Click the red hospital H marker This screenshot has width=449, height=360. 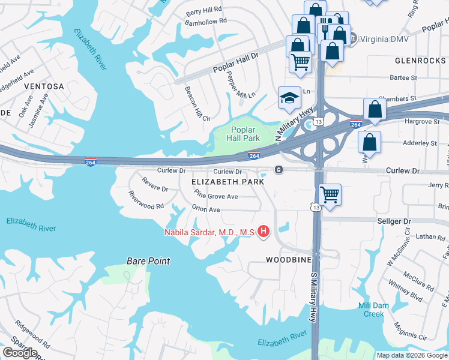[262, 231]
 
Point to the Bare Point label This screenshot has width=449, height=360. [148, 261]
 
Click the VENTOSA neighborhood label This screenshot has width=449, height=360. [44, 86]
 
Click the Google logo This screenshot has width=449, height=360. [20, 352]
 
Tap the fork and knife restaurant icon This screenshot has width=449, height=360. [325, 28]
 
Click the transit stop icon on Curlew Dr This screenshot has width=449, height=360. [279, 170]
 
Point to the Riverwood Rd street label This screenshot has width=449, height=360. [146, 199]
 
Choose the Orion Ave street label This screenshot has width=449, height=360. [206, 209]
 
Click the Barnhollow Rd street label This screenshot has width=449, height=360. [206, 20]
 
